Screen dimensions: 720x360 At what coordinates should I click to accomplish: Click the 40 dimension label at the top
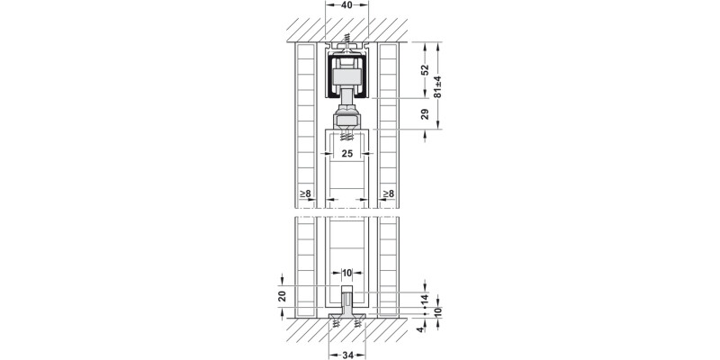[x=346, y=5]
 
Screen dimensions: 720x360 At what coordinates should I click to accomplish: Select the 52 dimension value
[x=425, y=69]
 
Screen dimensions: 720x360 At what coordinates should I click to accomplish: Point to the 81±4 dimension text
[x=438, y=86]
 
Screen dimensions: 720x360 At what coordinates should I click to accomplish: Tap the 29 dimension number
[x=425, y=114]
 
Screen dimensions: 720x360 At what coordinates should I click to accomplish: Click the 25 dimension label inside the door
[x=347, y=153]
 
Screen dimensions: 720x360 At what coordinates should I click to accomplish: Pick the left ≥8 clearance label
[x=305, y=193]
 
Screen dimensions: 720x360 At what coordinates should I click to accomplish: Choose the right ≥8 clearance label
[x=389, y=193]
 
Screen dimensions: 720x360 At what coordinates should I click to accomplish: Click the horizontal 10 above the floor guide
[x=346, y=273]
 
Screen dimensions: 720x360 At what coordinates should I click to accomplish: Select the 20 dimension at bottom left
[x=283, y=296]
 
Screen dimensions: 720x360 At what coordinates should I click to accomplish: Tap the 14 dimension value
[x=425, y=299]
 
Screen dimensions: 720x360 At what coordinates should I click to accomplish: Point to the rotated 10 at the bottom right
[x=438, y=312]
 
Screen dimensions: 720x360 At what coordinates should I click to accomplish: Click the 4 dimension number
[x=419, y=328]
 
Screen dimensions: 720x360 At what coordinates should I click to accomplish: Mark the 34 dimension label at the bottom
[x=347, y=355]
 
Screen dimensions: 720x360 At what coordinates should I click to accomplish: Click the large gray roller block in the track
[x=347, y=76]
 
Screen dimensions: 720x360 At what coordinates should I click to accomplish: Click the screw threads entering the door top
[x=347, y=136]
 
